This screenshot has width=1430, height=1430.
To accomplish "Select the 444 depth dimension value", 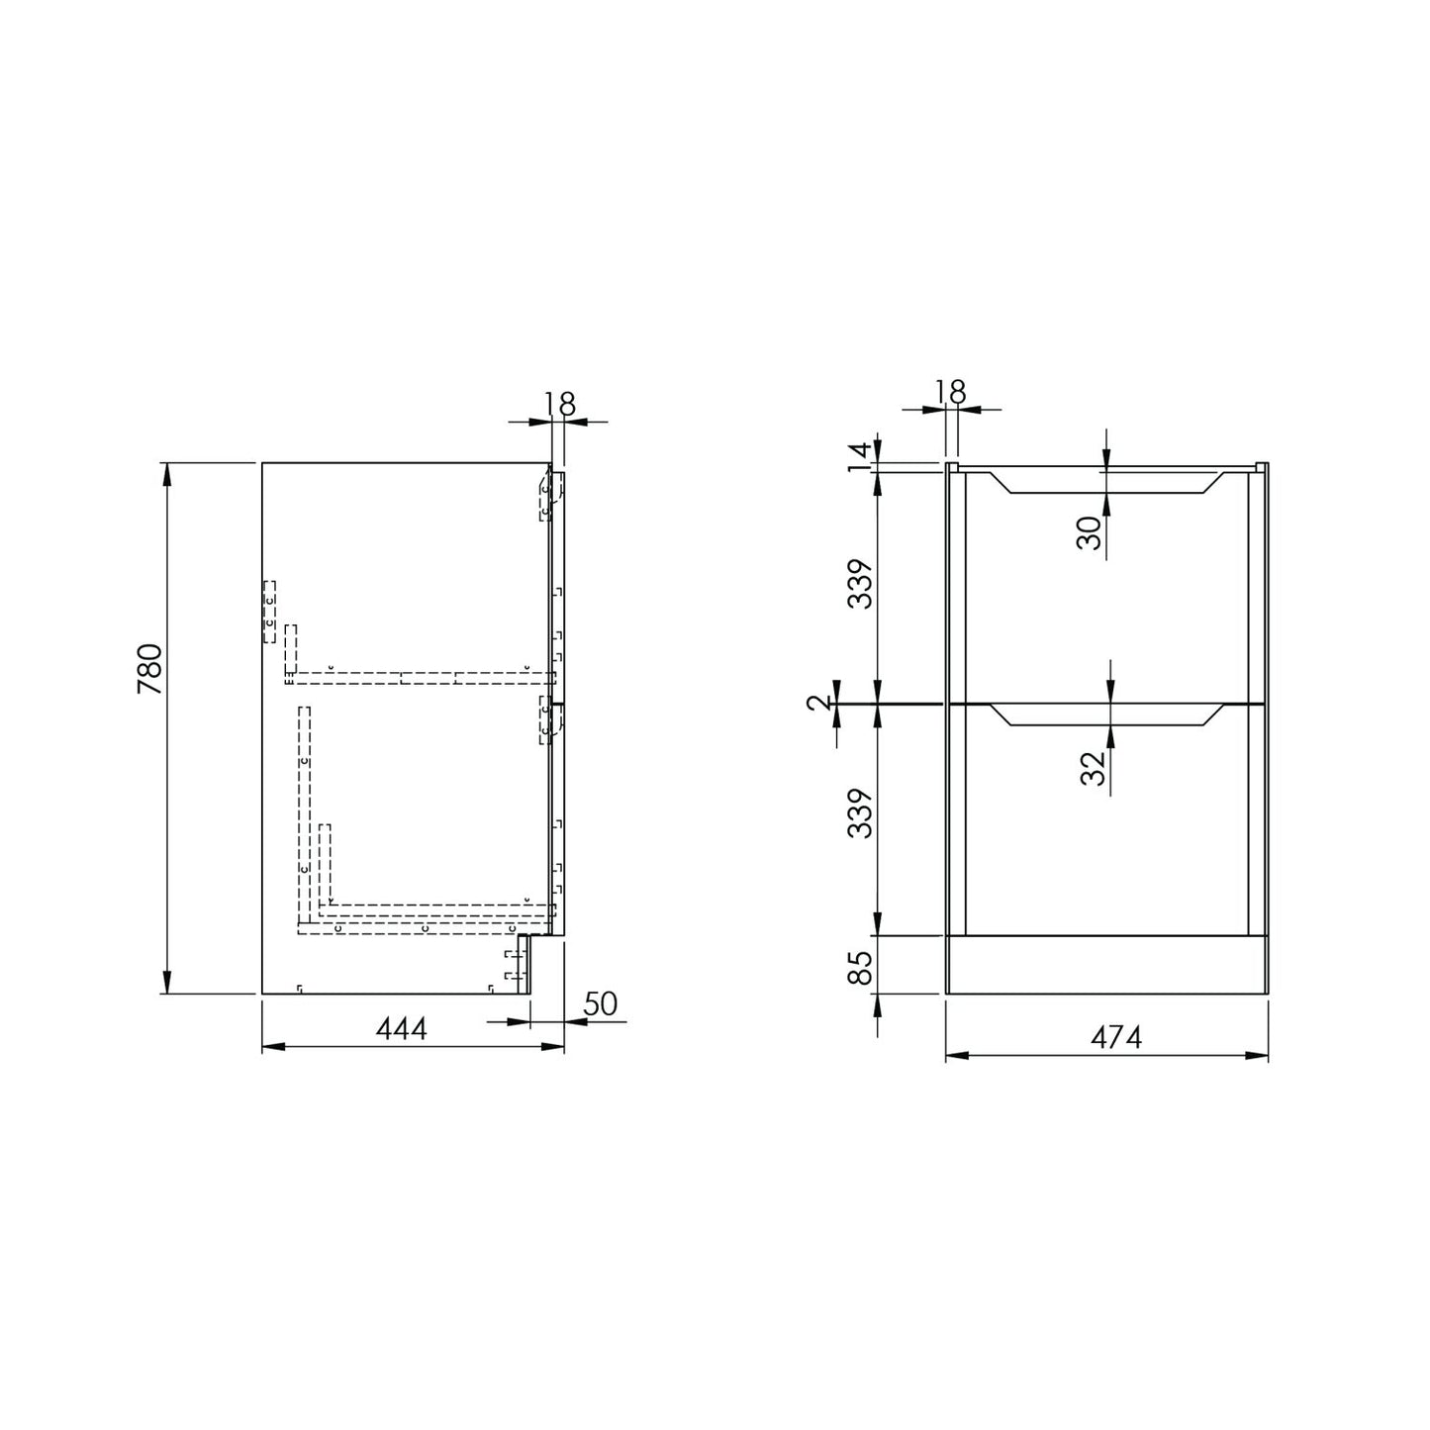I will point(401,1029).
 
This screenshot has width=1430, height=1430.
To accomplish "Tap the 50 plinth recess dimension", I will point(600,1004).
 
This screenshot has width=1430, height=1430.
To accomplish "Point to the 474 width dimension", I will point(1116,1037).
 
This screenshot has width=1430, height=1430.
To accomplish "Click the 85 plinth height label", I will point(861,967).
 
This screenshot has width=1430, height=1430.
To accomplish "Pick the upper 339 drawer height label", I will point(861,584).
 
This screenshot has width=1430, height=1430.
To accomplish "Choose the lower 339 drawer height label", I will point(861,813).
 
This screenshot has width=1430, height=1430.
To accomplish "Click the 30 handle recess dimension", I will point(1089,533).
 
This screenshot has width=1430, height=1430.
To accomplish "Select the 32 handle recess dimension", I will point(1091,768).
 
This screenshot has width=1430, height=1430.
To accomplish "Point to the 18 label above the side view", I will point(559,403).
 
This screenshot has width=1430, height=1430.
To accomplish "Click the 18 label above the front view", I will point(951,391).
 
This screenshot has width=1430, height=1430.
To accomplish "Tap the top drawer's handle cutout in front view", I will point(1106,483).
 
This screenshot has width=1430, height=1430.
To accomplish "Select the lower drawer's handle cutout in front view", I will point(1106,715).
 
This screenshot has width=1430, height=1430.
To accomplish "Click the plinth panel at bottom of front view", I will point(1106,964).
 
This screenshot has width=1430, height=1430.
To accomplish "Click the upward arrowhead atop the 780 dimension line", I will point(166,473).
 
